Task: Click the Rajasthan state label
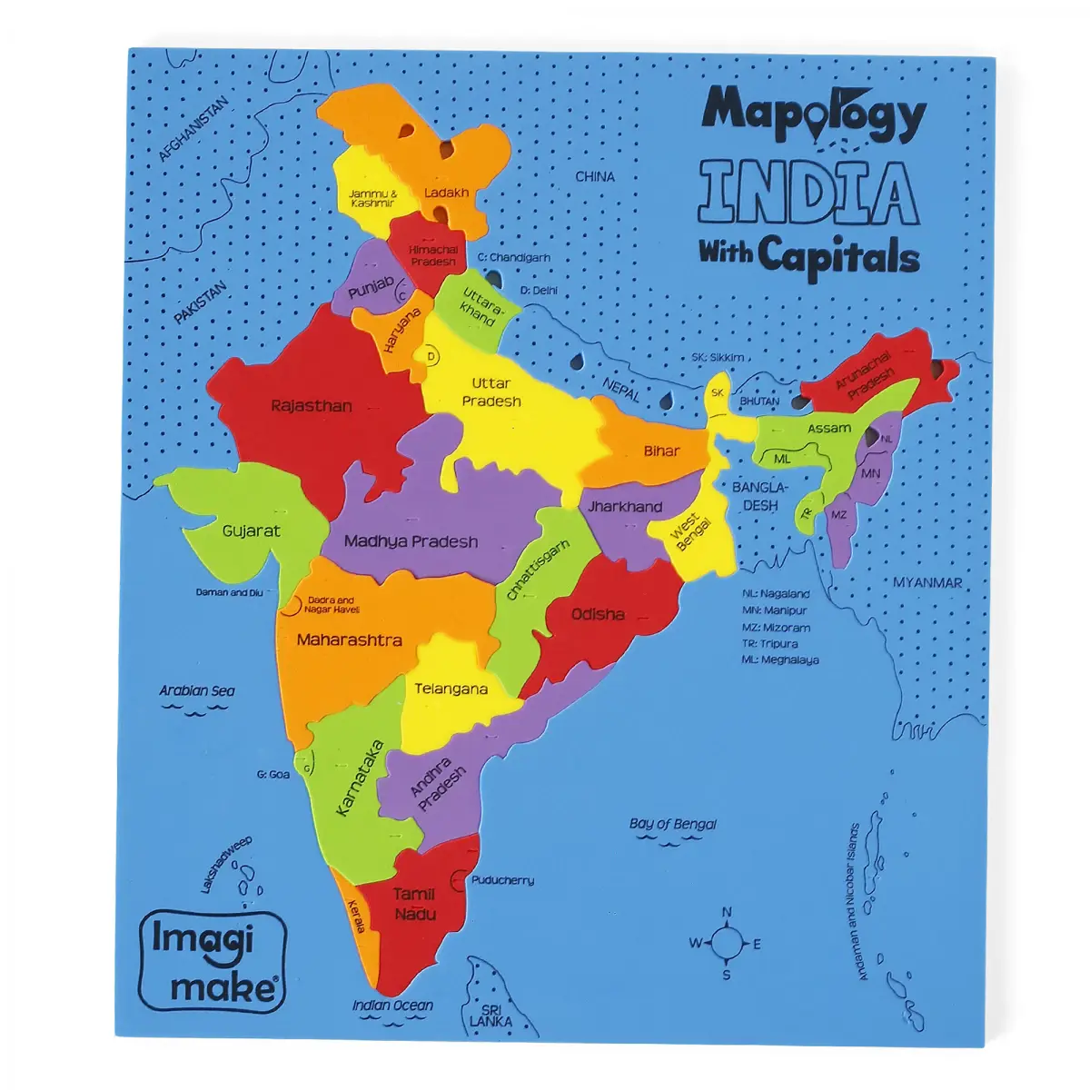(x=312, y=406)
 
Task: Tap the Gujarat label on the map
(x=252, y=530)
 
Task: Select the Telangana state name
(x=451, y=689)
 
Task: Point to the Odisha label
(x=598, y=614)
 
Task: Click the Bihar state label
(x=661, y=451)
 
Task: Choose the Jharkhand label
(x=625, y=506)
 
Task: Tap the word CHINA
(x=595, y=176)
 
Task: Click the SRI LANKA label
(x=490, y=1016)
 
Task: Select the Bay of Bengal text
(x=672, y=824)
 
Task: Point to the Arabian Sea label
(x=197, y=690)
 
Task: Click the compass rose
(x=726, y=944)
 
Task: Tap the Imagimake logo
(x=213, y=961)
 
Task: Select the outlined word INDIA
(x=808, y=193)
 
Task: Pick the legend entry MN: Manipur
(x=774, y=610)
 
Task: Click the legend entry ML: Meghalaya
(x=779, y=659)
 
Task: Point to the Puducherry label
(x=502, y=880)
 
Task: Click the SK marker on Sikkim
(x=718, y=393)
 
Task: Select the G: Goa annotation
(x=272, y=775)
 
